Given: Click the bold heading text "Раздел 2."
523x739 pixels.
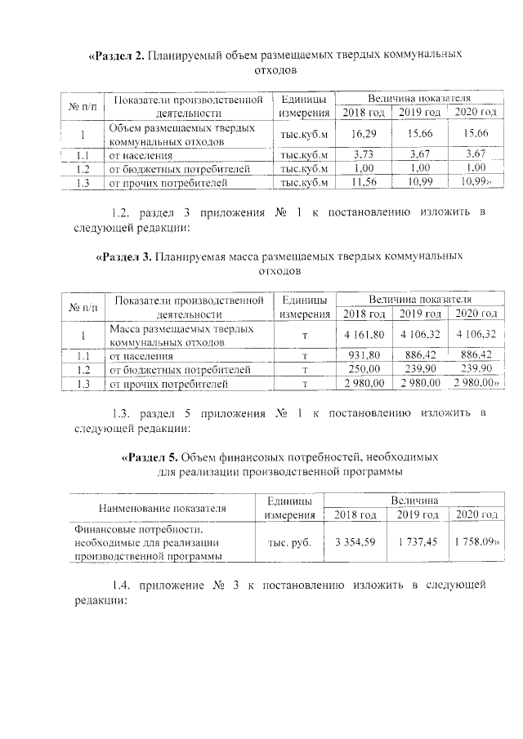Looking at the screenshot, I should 118,56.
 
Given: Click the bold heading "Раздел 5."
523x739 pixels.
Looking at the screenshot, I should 149,456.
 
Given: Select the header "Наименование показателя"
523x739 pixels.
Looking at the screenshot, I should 162,508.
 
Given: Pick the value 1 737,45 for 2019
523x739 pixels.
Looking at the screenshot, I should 417,541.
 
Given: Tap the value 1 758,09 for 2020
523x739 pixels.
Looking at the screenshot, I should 476,541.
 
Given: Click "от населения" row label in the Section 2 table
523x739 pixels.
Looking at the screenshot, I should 141,155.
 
